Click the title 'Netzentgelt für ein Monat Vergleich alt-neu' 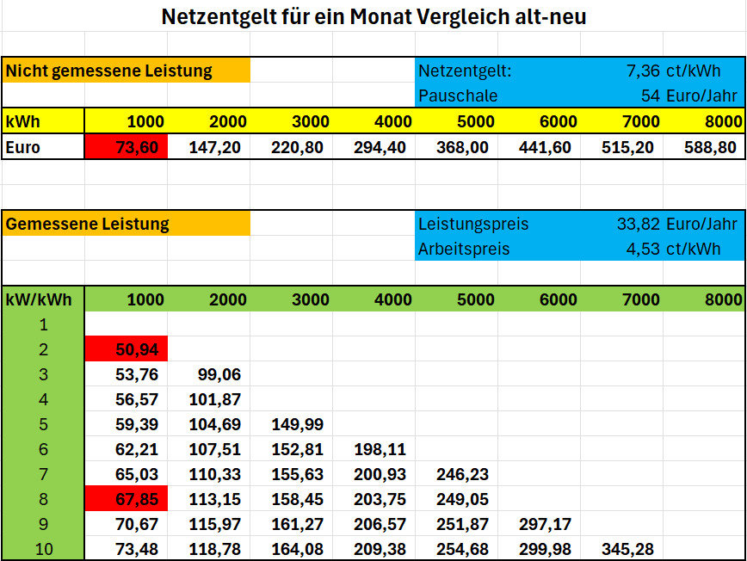373,17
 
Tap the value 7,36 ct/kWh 673,71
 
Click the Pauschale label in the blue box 458,96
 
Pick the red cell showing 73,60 127,146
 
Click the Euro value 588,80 710,147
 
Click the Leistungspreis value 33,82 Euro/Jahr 677,224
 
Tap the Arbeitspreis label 464,249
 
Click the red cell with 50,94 127,348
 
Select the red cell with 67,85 127,498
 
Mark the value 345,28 627,549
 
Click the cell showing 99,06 219,374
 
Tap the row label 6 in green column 43,449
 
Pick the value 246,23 462,474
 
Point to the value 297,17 545,524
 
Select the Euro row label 23,147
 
